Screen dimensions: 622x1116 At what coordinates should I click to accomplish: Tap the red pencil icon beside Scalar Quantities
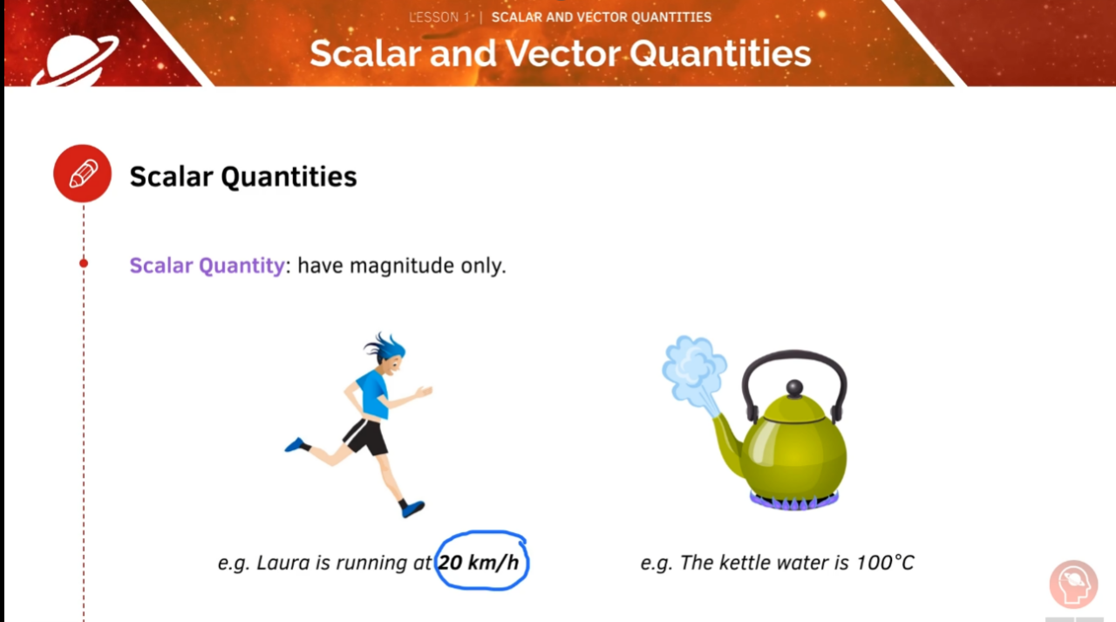coord(83,174)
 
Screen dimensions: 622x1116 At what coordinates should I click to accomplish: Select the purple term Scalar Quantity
coord(207,265)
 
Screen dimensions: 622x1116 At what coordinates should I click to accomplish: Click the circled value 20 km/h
coord(479,563)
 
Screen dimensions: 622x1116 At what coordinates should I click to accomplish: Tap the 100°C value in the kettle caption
coord(884,563)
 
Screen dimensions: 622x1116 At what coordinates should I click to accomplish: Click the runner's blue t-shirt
coord(371,393)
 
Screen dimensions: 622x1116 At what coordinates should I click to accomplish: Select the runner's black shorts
coord(367,434)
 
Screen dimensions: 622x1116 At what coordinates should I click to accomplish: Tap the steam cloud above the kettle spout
coord(695,367)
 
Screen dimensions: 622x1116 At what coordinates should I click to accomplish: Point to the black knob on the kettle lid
coord(794,387)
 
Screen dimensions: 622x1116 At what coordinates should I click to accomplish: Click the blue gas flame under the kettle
coord(794,501)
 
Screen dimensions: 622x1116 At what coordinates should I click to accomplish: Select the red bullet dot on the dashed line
coord(84,263)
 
